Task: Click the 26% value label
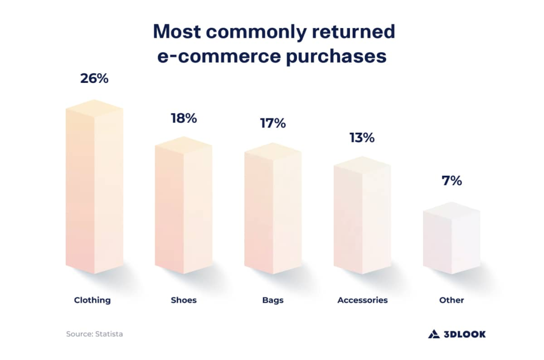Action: [x=95, y=79]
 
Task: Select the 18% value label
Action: [x=184, y=118]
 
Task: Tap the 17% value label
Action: [x=273, y=123]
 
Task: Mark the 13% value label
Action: [x=362, y=138]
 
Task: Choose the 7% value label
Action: [x=452, y=181]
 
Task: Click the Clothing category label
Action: [x=92, y=300]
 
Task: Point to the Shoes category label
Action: [x=184, y=300]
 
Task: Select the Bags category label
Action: [x=273, y=300]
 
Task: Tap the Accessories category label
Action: [x=362, y=300]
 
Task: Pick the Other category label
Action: [x=452, y=300]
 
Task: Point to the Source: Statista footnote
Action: [x=95, y=334]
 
